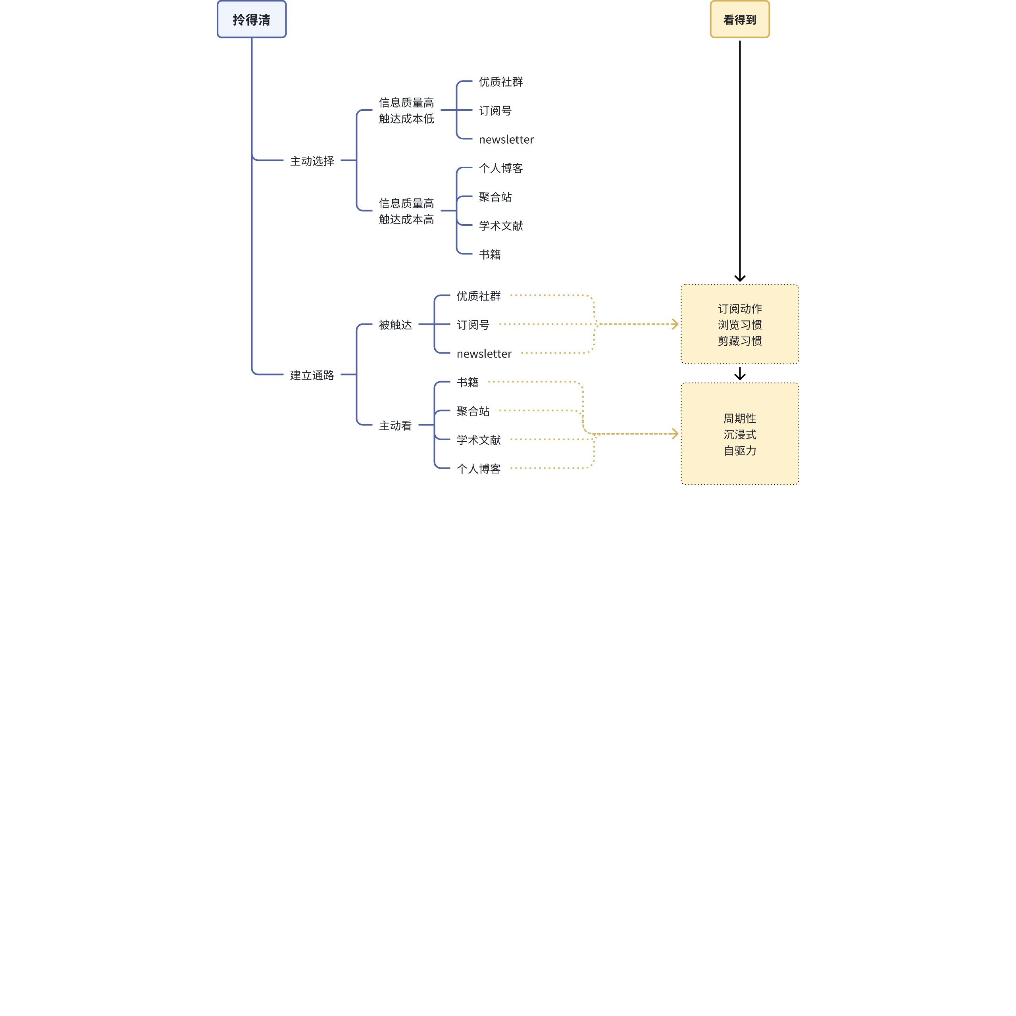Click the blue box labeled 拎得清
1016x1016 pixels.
coord(251,19)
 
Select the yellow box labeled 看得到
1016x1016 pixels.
coord(739,19)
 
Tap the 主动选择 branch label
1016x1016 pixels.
coord(312,161)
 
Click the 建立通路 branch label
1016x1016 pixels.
coord(312,375)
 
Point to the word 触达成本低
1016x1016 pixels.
coord(406,119)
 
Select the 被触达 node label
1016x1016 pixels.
coord(395,325)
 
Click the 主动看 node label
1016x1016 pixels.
coord(395,425)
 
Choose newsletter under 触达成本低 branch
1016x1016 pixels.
coord(506,140)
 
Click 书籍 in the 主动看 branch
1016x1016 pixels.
coord(468,382)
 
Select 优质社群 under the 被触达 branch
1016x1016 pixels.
coord(479,296)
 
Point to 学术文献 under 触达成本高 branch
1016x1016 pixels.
coord(500,225)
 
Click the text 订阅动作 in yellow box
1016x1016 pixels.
coord(739,309)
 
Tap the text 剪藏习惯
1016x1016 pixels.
coord(739,341)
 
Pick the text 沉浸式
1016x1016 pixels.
coord(739,434)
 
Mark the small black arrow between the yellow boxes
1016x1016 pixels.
coord(739,373)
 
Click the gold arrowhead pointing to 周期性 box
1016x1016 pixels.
coord(675,434)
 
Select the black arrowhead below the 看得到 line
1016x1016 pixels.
coord(739,278)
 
